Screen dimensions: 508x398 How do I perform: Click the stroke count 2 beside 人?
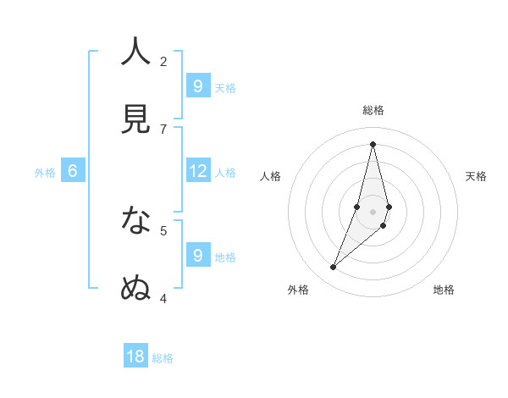(163, 61)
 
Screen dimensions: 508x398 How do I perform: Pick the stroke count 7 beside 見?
(163, 129)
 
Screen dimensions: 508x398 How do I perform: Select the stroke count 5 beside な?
(163, 229)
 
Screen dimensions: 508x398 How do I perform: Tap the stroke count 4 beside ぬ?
(163, 297)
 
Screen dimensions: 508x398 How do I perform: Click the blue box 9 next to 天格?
(197, 86)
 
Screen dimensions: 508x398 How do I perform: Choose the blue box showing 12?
(197, 170)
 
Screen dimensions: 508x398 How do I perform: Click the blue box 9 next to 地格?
(197, 255)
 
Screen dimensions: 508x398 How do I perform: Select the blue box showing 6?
(73, 170)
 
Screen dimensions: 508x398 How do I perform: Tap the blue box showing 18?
(135, 357)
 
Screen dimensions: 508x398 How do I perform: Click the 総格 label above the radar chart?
(373, 110)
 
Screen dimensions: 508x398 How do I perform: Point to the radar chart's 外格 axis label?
(298, 290)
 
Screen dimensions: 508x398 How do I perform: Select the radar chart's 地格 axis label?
(444, 290)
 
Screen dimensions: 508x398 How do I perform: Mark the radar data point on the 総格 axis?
(373, 143)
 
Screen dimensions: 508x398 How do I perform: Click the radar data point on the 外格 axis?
(334, 268)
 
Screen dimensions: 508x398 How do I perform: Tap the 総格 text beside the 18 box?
(163, 358)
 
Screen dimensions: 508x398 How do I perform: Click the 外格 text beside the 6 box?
(45, 173)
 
